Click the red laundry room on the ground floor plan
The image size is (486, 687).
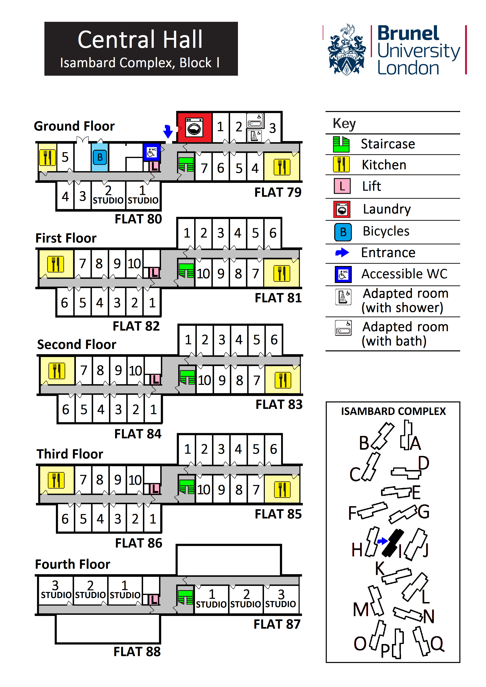(195, 127)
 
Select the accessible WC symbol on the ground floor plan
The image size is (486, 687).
(151, 152)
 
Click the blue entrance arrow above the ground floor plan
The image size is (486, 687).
(168, 131)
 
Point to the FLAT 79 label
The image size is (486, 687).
(278, 192)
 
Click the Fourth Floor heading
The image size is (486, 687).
(73, 564)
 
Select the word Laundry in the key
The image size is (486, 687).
(387, 209)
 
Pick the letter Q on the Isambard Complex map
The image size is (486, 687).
(437, 643)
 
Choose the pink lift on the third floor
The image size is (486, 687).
(154, 489)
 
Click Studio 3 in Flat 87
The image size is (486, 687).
(281, 599)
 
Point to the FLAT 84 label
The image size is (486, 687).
(138, 434)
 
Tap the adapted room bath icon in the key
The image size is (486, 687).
(343, 328)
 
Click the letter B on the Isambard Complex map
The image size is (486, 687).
(364, 443)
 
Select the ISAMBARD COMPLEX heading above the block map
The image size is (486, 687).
(393, 412)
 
